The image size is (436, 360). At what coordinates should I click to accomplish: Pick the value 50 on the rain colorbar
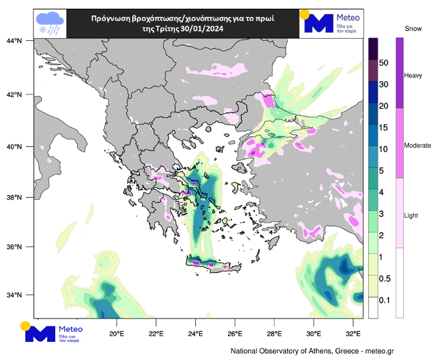[384, 62]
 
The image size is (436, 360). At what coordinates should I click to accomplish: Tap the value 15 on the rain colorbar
[384, 127]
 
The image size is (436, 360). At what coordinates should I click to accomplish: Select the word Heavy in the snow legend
[413, 76]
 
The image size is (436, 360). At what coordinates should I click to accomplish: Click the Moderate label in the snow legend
[418, 145]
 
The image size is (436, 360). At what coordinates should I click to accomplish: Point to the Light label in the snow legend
[412, 216]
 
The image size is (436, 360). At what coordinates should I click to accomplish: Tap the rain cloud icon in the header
[51, 23]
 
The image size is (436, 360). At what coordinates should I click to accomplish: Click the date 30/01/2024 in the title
[199, 29]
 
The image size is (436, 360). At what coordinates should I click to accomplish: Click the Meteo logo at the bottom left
[55, 333]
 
